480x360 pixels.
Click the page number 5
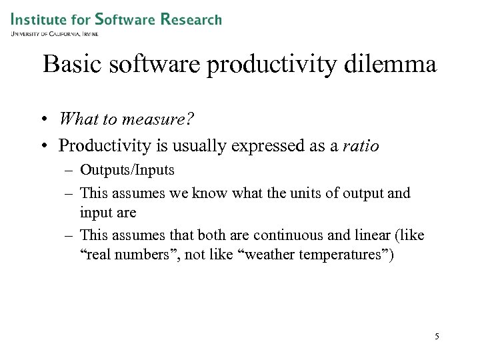pos(437,336)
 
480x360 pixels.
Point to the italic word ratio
pos(361,145)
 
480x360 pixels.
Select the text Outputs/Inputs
pos(127,170)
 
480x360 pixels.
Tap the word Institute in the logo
pos(39,19)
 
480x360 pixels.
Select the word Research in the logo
pos(191,19)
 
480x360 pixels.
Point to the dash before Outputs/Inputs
pos(69,171)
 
